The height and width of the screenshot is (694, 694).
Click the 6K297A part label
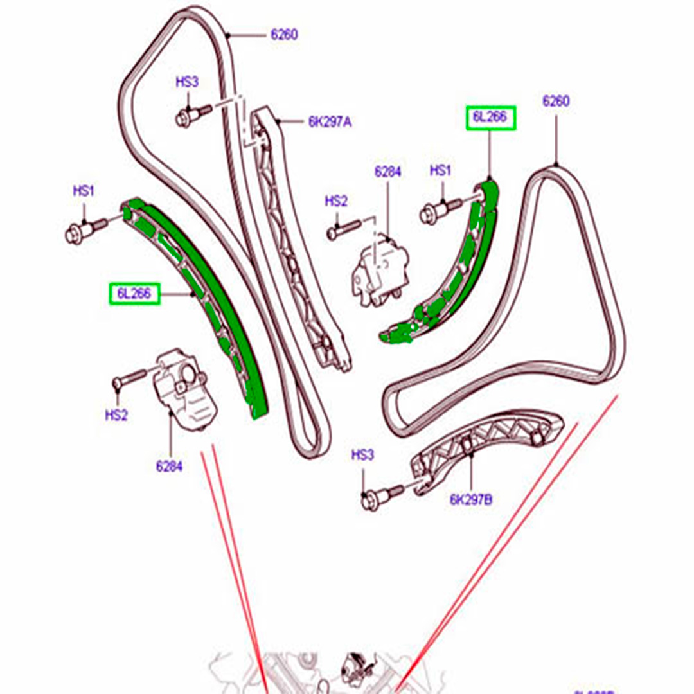click(330, 121)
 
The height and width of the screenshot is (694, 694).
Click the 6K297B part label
click(471, 498)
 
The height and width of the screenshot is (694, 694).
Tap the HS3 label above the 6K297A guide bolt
click(188, 82)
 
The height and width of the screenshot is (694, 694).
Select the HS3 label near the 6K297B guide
click(362, 456)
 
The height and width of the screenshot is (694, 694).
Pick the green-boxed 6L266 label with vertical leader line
click(491, 118)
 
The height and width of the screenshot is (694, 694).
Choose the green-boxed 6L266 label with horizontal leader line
click(134, 294)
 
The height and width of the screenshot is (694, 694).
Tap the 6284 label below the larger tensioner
click(169, 467)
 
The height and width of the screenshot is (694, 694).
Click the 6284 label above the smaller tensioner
click(387, 172)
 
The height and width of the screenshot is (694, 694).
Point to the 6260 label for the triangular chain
click(556, 101)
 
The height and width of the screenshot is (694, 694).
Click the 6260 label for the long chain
click(284, 34)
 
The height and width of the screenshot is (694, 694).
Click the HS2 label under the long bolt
click(116, 416)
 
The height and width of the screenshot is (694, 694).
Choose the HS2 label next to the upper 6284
click(335, 202)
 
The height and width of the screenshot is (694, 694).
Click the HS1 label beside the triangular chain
click(441, 171)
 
